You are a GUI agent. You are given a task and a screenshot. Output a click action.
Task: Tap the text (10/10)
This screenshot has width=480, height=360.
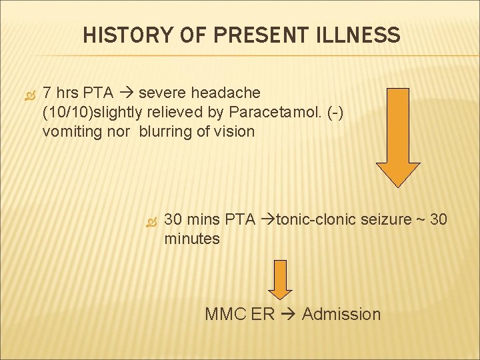tap(64, 111)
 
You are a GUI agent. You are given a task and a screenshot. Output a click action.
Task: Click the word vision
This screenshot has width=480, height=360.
tap(234, 131)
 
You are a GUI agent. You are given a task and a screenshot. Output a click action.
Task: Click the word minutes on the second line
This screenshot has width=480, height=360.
tap(192, 239)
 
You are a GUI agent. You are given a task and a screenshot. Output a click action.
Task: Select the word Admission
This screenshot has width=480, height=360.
tap(341, 314)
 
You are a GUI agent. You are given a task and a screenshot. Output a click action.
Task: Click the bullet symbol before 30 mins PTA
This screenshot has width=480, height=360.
tap(150, 220)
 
